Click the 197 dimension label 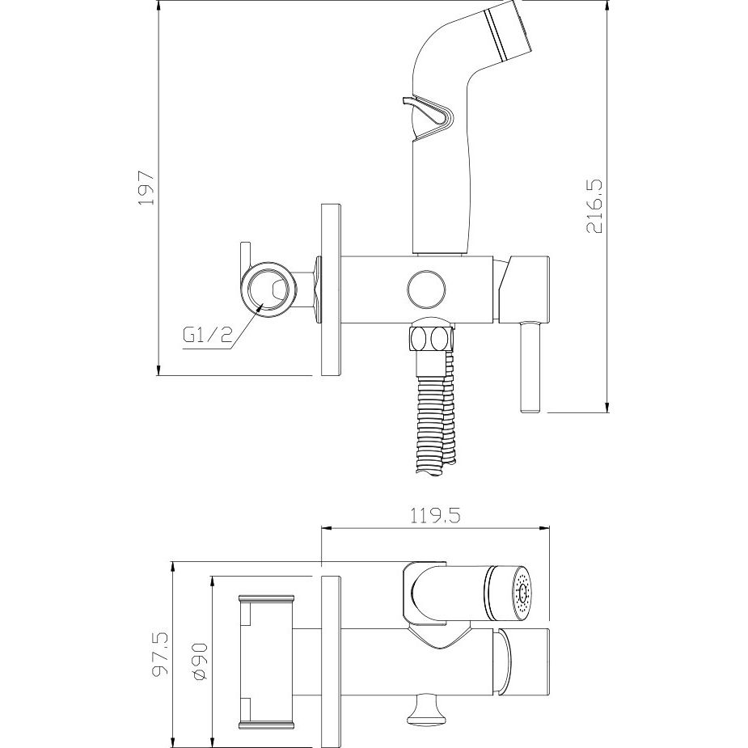[146, 187]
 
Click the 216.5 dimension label [594, 206]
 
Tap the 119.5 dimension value [435, 516]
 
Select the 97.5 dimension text [160, 656]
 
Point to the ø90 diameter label [201, 661]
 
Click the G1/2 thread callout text [207, 336]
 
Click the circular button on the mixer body [427, 289]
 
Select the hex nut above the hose [430, 340]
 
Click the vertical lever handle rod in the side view [530, 366]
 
